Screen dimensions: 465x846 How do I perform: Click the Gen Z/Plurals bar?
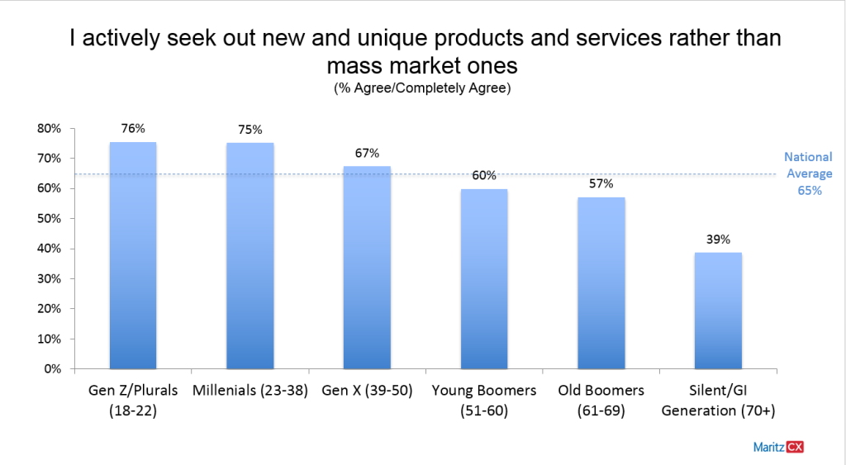[133, 255]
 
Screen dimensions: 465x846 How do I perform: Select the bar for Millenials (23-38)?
[250, 256]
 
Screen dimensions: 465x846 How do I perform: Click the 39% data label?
[718, 240]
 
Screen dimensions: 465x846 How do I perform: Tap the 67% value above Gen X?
[367, 153]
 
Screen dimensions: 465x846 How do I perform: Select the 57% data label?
[601, 183]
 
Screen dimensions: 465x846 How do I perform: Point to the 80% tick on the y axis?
[50, 129]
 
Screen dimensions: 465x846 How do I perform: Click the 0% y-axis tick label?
[54, 369]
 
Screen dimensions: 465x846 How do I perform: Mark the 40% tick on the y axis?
[50, 249]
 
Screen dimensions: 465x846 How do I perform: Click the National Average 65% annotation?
[808, 173]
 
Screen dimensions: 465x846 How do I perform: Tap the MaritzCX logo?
[778, 447]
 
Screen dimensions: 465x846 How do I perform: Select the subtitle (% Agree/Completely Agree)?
[422, 88]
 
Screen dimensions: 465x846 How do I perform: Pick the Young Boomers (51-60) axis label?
[484, 398]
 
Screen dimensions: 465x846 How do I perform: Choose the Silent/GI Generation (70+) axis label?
[718, 398]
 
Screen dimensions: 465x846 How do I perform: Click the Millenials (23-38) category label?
[250, 390]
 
